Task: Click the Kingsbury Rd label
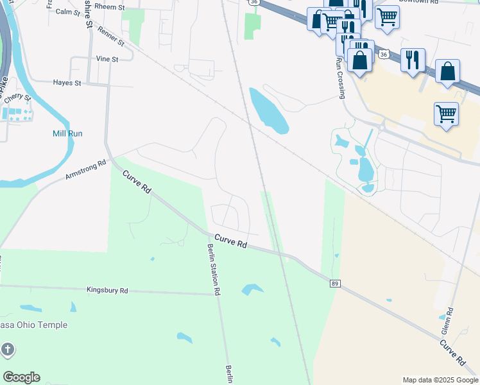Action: coord(107,291)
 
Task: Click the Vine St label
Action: coord(107,59)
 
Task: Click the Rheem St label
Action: coord(108,6)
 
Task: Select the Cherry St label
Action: coord(18,98)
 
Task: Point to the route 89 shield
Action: coord(335,283)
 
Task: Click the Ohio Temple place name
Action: coord(33,325)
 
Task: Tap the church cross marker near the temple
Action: coord(7,350)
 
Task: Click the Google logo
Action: coord(21,377)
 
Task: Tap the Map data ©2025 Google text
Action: coord(440,380)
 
